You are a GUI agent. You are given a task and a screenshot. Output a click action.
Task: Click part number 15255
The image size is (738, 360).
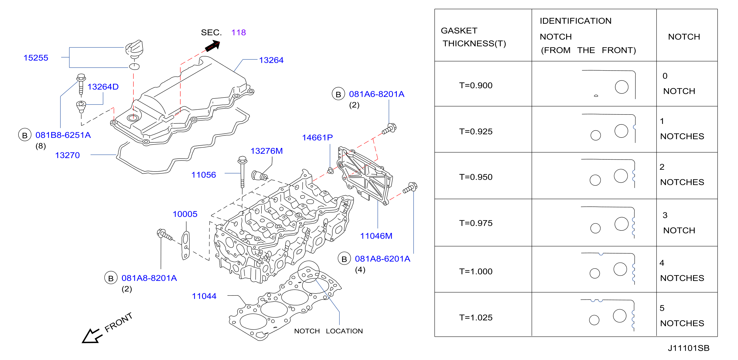tap(36, 58)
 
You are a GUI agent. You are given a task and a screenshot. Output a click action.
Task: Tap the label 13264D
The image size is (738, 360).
tap(103, 87)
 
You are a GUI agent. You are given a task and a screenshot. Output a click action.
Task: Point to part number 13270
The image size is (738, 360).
tap(67, 155)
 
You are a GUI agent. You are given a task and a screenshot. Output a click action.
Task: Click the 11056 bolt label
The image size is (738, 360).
tap(203, 175)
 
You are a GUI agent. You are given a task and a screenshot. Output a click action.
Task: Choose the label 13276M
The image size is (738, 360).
tap(267, 151)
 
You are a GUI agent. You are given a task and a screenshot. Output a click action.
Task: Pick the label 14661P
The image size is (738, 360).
tap(317, 138)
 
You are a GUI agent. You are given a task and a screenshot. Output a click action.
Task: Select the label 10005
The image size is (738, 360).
tap(185, 214)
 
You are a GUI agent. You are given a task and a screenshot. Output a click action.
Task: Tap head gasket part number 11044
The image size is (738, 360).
tap(204, 296)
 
